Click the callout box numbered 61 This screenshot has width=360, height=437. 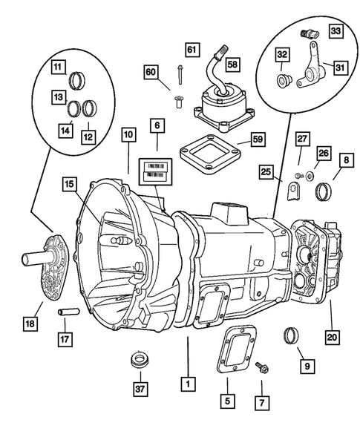click(x=193, y=50)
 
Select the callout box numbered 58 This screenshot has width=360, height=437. click(x=233, y=65)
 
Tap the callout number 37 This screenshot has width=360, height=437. click(x=137, y=389)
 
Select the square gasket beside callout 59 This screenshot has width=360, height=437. click(x=217, y=159)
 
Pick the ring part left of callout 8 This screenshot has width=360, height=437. click(x=323, y=194)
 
